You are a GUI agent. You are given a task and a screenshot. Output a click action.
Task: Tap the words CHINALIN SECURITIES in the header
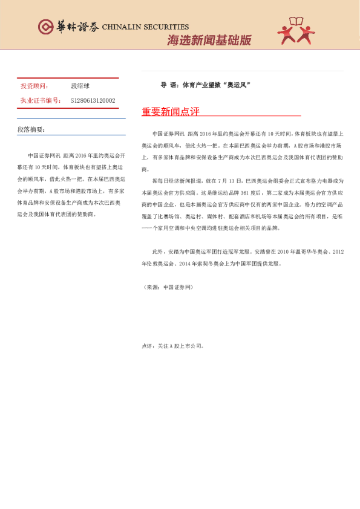tap(145, 27)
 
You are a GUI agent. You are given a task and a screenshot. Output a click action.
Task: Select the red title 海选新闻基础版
tap(209, 41)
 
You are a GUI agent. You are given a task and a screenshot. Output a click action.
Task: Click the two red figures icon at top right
tap(296, 30)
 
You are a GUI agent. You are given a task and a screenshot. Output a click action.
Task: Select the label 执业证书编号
tap(41, 100)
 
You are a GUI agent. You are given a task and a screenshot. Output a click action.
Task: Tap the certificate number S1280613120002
tap(93, 100)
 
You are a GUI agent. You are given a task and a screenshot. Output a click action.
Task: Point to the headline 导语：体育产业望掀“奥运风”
tap(205, 85)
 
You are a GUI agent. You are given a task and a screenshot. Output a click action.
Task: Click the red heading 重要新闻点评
tap(171, 112)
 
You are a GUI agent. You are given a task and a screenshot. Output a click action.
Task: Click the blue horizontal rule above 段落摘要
tap(71, 118)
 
